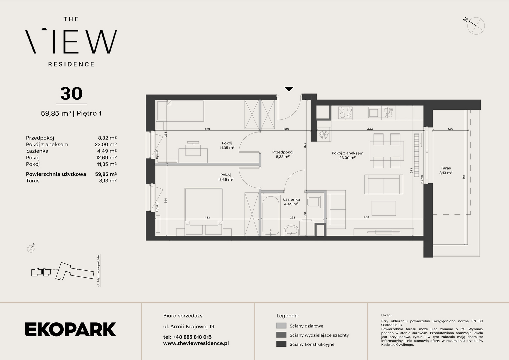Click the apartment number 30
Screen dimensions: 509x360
click(x=71, y=94)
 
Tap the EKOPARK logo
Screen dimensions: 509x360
click(x=70, y=329)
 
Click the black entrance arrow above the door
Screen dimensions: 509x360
click(x=289, y=89)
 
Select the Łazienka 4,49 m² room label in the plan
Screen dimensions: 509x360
click(x=291, y=202)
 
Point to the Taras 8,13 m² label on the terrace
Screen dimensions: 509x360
click(x=446, y=171)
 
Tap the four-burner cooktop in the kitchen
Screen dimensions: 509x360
click(x=345, y=113)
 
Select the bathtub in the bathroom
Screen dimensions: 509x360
click(x=271, y=215)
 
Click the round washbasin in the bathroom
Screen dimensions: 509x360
click(x=291, y=230)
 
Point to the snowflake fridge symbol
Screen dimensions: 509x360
click(x=324, y=134)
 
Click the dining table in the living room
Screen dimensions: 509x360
click(x=387, y=151)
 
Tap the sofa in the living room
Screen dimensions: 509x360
click(x=384, y=184)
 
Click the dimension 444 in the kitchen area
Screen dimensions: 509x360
click(x=370, y=129)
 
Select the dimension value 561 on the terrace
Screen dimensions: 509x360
click(x=464, y=177)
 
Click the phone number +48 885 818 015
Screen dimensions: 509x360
click(x=192, y=337)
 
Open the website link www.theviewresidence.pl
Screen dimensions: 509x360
click(x=196, y=343)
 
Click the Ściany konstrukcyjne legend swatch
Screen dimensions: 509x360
click(x=281, y=344)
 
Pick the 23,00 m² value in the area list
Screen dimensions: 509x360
click(x=106, y=144)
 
